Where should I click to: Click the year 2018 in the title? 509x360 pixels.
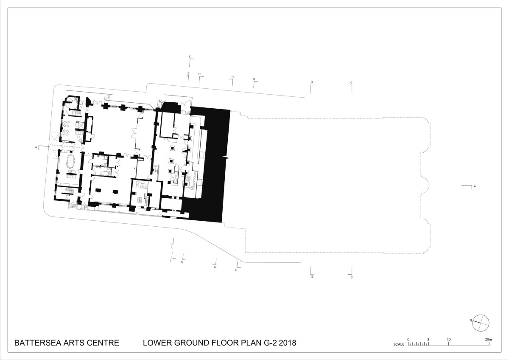click(x=288, y=343)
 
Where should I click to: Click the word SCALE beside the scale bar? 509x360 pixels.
click(x=399, y=344)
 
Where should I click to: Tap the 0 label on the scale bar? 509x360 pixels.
click(x=408, y=340)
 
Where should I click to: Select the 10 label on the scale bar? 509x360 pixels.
click(x=449, y=340)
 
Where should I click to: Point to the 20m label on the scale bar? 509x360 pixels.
click(x=489, y=340)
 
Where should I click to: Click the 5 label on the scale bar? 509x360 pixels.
click(x=428, y=340)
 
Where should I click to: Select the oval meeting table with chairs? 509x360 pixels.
click(x=70, y=161)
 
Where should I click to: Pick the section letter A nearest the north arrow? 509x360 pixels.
click(x=475, y=186)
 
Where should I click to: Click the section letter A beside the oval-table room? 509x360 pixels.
click(x=36, y=147)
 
